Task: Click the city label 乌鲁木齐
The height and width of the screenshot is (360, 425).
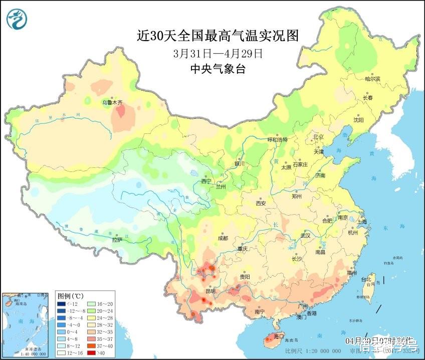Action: [x=112, y=102]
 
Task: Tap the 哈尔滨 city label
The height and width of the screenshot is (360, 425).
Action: [x=372, y=79]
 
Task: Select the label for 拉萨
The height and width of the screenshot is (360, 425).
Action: [x=117, y=240]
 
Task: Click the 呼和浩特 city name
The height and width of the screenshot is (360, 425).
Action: [x=278, y=140]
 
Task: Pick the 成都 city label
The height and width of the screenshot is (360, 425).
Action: [x=223, y=238]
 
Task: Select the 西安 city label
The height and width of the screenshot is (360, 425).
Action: [x=261, y=203]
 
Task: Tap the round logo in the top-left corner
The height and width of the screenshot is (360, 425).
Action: [x=17, y=18]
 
